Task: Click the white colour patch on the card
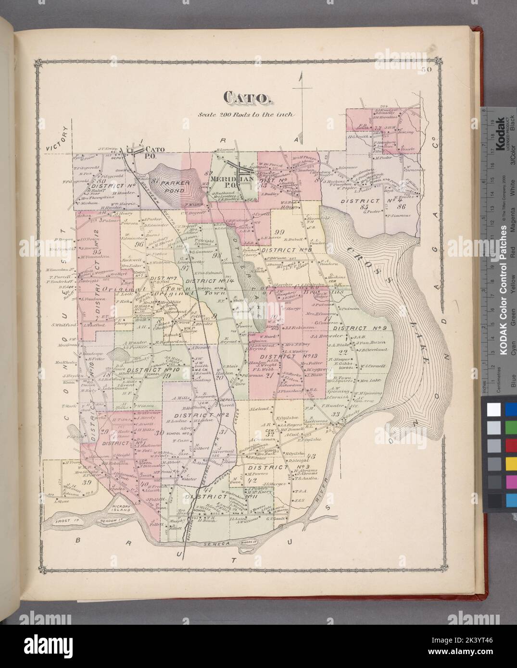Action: [493, 408]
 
